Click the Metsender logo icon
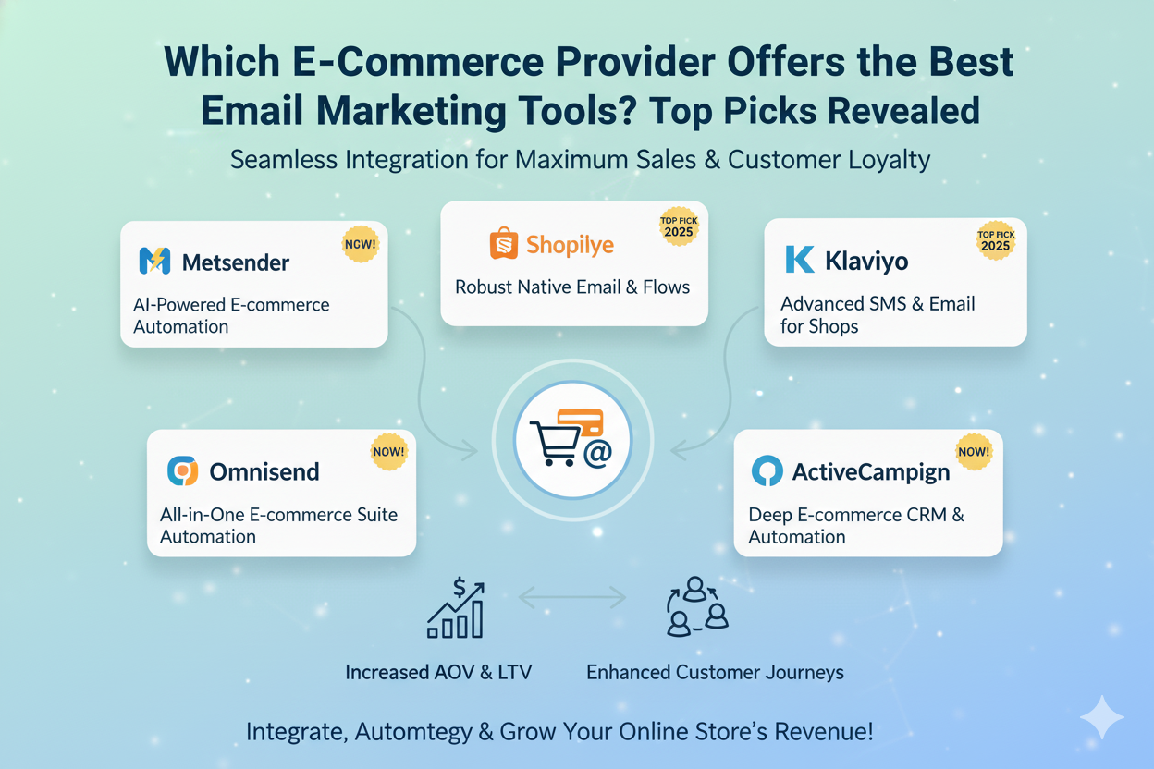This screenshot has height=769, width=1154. (x=154, y=261)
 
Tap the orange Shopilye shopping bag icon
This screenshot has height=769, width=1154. (x=503, y=242)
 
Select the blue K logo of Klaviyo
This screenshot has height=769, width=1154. (x=799, y=259)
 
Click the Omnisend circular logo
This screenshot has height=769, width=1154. (x=182, y=470)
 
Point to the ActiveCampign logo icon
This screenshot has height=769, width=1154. (x=767, y=470)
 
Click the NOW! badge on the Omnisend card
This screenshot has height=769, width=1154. (x=388, y=452)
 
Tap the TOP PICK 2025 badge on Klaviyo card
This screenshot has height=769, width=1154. (x=996, y=240)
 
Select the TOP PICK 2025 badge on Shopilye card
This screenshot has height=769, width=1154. (x=679, y=226)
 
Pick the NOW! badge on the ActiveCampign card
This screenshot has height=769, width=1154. (x=974, y=452)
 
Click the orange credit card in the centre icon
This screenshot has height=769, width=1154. (x=580, y=422)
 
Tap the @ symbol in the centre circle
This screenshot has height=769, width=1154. (x=597, y=453)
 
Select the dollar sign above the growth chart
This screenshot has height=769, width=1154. (x=459, y=587)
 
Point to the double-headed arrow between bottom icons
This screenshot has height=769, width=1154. (x=572, y=597)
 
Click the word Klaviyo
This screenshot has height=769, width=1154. (x=866, y=262)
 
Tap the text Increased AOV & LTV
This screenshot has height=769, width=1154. (x=438, y=672)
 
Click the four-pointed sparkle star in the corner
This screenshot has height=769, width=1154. (x=1102, y=716)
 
